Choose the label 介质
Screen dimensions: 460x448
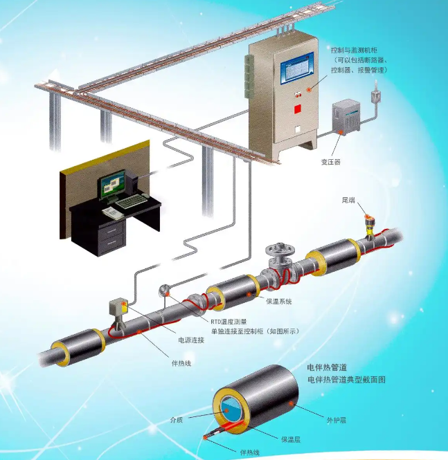coord(176,419)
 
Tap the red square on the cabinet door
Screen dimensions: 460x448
coord(298,109)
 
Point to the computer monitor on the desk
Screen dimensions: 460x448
coord(112,183)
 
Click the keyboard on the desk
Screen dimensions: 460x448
coord(131,201)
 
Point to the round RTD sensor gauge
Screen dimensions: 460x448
coord(165,292)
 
